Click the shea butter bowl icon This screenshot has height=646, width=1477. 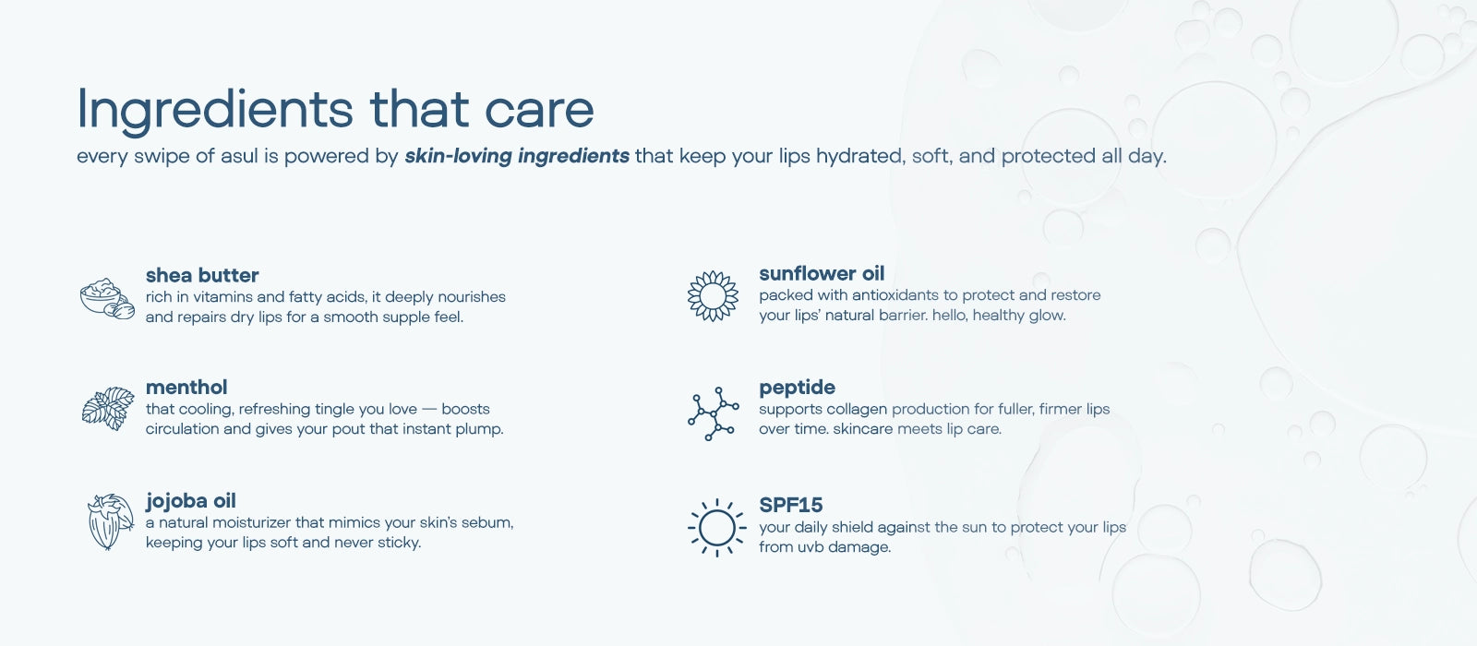click(107, 299)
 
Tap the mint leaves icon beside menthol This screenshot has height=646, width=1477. click(108, 409)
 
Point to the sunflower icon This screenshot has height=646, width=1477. click(713, 296)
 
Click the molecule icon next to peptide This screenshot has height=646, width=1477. click(714, 413)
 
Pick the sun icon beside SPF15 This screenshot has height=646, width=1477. click(716, 527)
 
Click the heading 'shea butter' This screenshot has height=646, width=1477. click(202, 275)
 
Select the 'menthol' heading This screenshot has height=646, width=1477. click(186, 387)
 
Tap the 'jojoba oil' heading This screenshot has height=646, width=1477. click(190, 501)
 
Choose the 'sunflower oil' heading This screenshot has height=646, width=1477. click(822, 273)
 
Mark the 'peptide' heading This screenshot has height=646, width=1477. click(797, 388)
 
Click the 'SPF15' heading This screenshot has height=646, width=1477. click(790, 505)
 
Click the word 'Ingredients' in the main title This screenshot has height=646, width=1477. click(215, 110)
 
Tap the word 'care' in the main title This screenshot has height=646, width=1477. click(539, 110)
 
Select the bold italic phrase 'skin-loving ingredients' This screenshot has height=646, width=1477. click(517, 156)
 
